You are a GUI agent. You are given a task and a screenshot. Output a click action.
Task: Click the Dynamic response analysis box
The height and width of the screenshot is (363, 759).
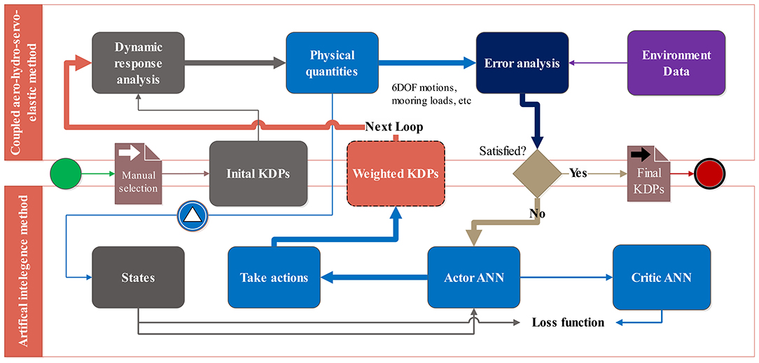pos(138,62)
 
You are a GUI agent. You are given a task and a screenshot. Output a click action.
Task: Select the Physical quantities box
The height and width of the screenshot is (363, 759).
pos(332,62)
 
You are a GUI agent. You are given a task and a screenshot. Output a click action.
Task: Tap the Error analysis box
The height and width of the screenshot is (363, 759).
pos(522,62)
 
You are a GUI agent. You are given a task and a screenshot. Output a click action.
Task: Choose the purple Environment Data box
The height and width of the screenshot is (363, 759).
pos(676,62)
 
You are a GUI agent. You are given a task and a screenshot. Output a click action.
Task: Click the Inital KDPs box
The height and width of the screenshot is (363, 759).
pos(258,173)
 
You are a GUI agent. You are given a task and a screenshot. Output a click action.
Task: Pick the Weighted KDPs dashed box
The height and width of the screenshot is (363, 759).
pos(396,173)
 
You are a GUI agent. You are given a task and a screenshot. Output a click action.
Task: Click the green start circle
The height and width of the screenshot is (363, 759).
pos(65,173)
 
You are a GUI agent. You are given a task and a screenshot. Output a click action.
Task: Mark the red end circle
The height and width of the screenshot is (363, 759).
pos(710,173)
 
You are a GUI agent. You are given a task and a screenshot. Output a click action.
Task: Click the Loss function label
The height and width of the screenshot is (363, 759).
pos(568,322)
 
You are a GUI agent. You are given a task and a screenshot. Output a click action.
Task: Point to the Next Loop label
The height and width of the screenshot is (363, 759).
pos(394,127)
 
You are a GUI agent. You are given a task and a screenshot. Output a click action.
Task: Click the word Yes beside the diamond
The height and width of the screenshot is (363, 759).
pos(578,173)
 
